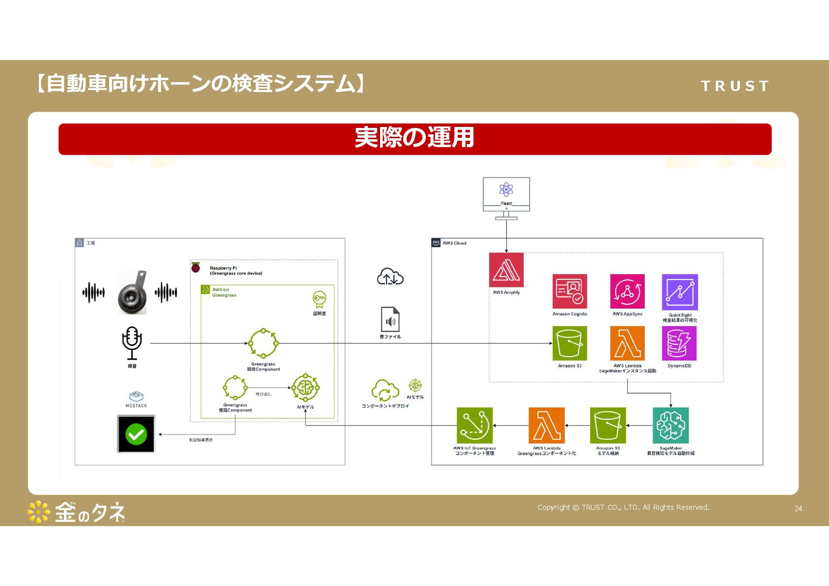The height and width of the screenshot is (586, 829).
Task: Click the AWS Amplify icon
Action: [x=506, y=270]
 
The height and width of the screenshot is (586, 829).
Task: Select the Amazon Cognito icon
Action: [x=570, y=291]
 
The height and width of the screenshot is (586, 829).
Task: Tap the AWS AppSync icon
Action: [x=627, y=291]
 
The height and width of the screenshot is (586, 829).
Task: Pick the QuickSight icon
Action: [x=680, y=292]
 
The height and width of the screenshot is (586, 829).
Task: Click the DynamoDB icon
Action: [x=679, y=343]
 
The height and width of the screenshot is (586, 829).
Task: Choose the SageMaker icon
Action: [x=670, y=426]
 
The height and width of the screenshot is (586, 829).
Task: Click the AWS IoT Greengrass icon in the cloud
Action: [x=475, y=426]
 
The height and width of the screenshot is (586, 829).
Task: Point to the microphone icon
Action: [x=132, y=343]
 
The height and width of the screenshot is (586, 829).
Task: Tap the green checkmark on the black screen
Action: [x=136, y=434]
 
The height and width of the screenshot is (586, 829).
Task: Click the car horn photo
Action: [x=132, y=292]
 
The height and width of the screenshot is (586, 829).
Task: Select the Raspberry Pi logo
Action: [x=196, y=268]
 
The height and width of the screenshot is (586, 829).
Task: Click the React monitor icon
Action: [x=506, y=194]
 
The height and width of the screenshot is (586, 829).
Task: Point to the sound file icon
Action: [x=390, y=320]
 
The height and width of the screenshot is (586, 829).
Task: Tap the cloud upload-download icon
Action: [x=390, y=277]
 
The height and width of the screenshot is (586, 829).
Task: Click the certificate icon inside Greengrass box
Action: [x=319, y=299]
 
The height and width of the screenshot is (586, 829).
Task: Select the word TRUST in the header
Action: [x=734, y=86]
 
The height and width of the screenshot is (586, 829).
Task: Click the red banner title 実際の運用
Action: [x=414, y=138]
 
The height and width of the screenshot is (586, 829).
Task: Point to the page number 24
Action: [x=798, y=509]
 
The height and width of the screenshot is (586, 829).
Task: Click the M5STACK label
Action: [x=136, y=406]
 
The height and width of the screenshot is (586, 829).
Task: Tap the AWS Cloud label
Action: [x=454, y=243]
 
